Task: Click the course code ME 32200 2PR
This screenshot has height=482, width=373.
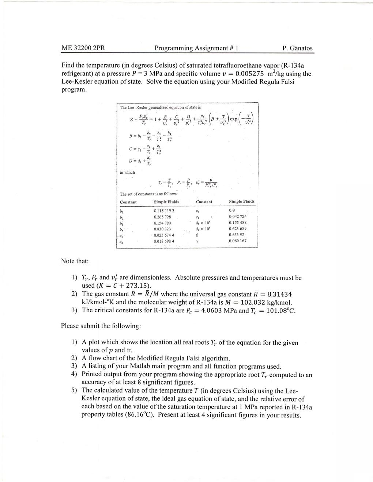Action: [x=83, y=48]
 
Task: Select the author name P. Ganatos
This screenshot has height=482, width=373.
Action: [x=297, y=48]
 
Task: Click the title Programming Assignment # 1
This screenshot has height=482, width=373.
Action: [x=196, y=48]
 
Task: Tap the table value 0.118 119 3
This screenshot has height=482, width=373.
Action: [x=164, y=211]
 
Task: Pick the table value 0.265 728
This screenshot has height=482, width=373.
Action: [x=162, y=217]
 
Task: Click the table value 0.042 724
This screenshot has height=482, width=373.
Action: [x=238, y=217]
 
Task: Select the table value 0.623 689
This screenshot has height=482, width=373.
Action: [x=238, y=229]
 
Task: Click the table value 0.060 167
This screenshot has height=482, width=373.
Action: [x=238, y=241]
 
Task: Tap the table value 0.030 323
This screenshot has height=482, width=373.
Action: [x=162, y=229]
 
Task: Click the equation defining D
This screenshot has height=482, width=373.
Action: [x=140, y=160]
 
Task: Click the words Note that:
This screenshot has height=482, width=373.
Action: [x=75, y=261]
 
